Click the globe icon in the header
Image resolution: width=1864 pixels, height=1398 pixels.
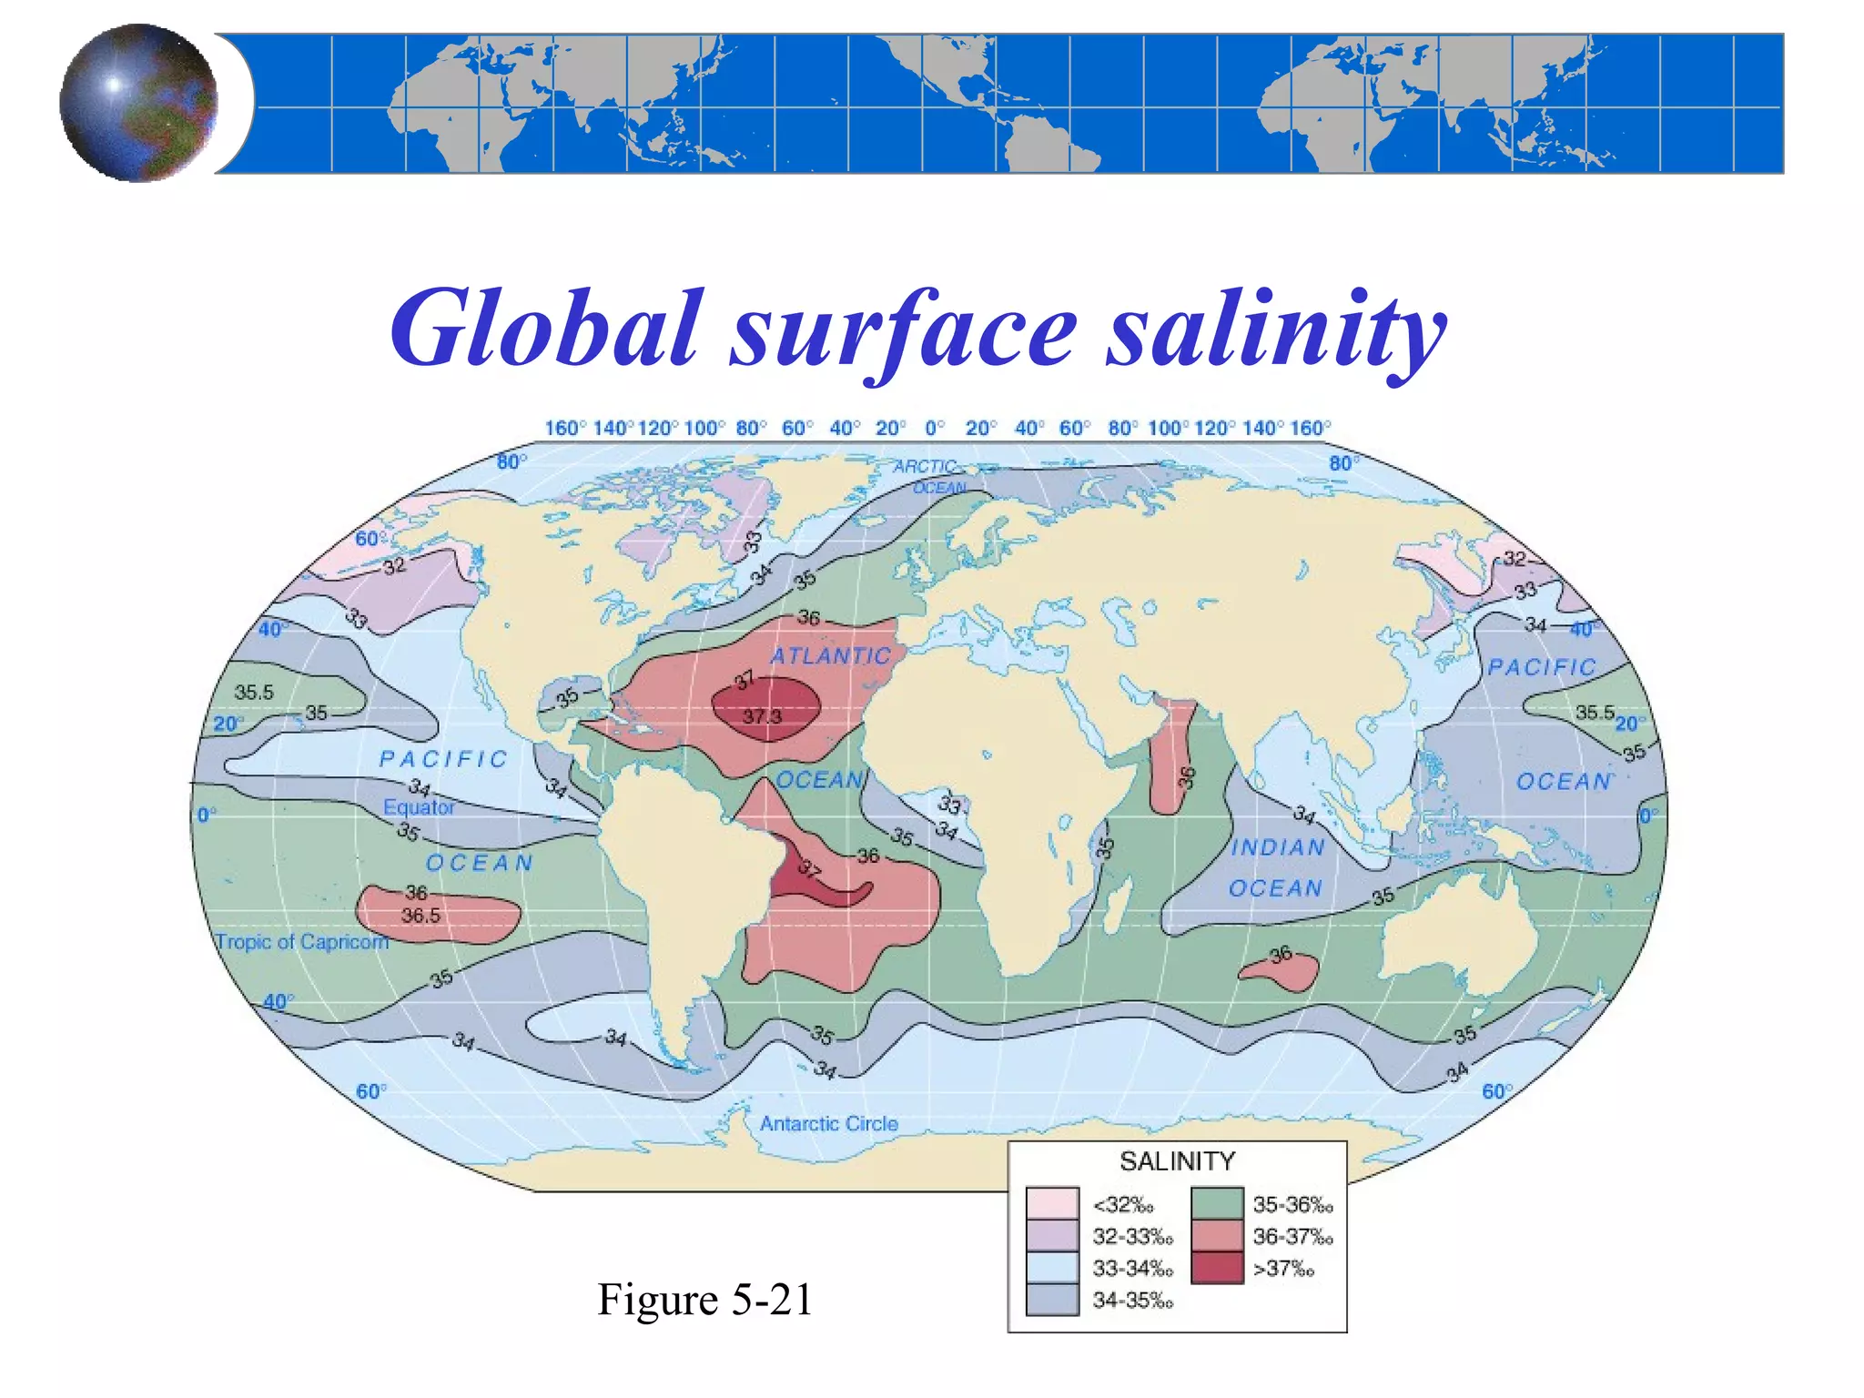[x=138, y=103]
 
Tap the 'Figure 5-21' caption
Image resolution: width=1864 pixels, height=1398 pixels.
[x=704, y=1299]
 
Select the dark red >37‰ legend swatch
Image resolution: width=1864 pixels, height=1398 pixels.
[x=1217, y=1268]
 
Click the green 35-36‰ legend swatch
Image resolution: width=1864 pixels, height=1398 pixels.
[x=1217, y=1204]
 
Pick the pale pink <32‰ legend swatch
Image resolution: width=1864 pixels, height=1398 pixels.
[x=1052, y=1204]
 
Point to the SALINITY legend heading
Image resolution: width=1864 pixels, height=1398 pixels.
[x=1177, y=1161]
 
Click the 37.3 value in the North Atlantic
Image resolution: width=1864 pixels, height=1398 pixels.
[x=762, y=716]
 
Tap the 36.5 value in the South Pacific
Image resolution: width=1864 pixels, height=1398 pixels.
[x=420, y=916]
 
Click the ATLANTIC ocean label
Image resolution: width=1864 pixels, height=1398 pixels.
[x=830, y=656]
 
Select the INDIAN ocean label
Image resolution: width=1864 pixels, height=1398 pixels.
[x=1278, y=847]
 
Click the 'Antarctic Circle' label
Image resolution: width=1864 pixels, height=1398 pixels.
[x=828, y=1124]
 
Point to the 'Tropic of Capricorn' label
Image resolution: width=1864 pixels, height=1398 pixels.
[x=301, y=942]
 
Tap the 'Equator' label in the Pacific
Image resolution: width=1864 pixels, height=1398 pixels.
[x=419, y=807]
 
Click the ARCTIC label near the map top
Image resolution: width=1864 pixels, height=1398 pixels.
[x=924, y=467]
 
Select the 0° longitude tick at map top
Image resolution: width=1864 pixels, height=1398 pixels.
[x=934, y=428]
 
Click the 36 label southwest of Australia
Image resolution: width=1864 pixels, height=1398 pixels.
[x=1281, y=954]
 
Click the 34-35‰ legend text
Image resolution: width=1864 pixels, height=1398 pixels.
[x=1132, y=1301]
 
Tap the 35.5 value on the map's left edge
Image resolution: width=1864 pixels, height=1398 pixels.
[x=254, y=693]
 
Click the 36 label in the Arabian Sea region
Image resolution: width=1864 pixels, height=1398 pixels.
[x=1186, y=776]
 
